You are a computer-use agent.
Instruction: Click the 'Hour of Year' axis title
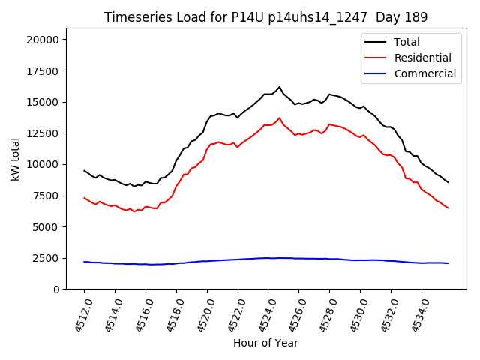coord(265,343)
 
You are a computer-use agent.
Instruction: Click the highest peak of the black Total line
coord(280,87)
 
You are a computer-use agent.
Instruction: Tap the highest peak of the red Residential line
coord(280,118)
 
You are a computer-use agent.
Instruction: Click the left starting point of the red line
coord(84,198)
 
